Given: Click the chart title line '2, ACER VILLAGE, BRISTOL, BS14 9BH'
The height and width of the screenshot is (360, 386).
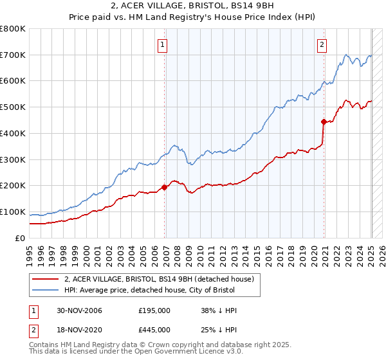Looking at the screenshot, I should coord(192,6).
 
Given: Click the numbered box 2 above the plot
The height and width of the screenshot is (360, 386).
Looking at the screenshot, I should coord(321,45).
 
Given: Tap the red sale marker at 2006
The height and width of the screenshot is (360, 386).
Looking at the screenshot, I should coord(165,187).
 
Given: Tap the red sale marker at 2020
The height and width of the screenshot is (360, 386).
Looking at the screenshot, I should coord(324,121).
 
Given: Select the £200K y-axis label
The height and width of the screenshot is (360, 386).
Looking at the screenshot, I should coord(14,186).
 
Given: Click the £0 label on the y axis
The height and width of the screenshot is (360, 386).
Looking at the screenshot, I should coord(21,239).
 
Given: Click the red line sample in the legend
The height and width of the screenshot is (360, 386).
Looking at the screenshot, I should coord(45,279).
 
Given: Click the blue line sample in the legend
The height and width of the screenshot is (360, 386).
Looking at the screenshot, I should coord(45,291).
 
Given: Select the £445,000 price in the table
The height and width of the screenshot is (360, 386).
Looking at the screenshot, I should coord(154,330).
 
